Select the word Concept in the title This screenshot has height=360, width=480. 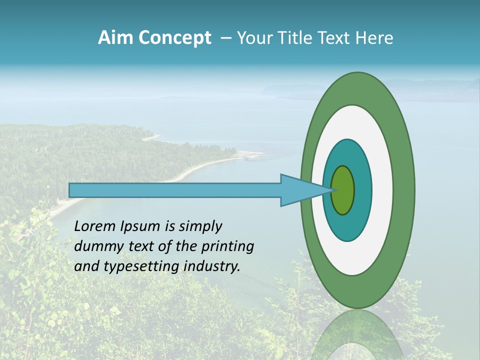tap(175, 38)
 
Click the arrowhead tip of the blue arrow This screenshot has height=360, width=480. tap(331, 190)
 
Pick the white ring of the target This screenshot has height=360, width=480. tap(382, 190)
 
